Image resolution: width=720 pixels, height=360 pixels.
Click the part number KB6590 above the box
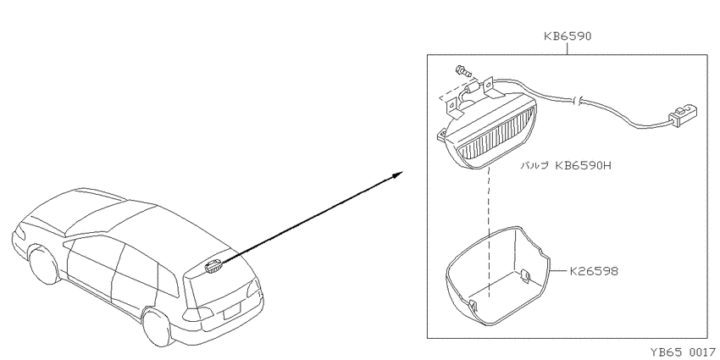[568, 36]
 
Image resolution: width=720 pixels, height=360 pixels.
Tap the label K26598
[594, 271]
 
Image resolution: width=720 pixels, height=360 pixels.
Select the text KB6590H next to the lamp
[584, 166]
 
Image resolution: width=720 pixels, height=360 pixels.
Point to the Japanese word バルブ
[534, 166]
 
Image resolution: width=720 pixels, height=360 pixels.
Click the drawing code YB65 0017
[683, 352]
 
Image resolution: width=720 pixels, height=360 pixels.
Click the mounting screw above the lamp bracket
[462, 71]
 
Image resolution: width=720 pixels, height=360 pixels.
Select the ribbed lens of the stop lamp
[497, 137]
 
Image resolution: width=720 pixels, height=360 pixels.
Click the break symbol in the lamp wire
[578, 101]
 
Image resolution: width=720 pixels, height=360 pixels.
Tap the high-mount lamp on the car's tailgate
[213, 266]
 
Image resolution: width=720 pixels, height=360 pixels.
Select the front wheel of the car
[43, 265]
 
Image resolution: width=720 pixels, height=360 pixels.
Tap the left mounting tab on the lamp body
[441, 134]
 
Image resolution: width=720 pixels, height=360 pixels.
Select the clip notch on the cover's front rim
[473, 305]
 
